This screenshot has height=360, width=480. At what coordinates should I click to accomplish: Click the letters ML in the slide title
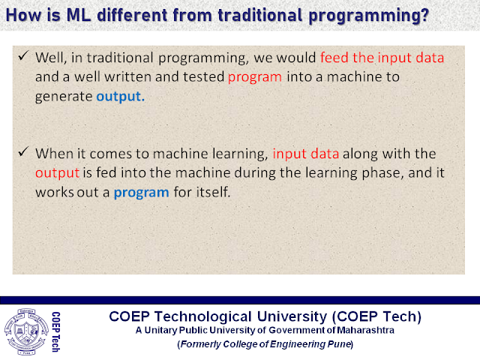(79, 15)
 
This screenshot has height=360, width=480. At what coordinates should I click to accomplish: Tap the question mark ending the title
(424, 15)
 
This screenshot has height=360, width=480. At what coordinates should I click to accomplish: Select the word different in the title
(133, 15)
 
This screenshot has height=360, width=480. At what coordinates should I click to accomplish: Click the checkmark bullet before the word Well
(23, 55)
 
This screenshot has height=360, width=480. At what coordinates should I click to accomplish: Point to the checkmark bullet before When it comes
(23, 151)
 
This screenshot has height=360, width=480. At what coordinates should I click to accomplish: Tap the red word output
(57, 173)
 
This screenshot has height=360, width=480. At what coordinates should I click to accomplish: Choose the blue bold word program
(142, 193)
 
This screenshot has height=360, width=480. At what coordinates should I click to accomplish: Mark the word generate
(64, 97)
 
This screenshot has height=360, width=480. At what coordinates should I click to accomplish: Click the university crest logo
(26, 331)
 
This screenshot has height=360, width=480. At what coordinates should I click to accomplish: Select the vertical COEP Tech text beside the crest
(55, 331)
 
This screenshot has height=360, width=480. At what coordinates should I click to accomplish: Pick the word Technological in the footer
(203, 316)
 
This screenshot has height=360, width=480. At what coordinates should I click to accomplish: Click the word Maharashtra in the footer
(365, 330)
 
